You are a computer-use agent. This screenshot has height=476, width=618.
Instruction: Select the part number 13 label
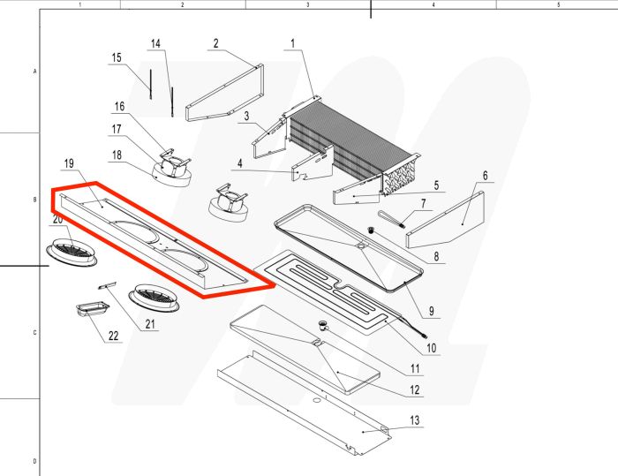pos(415,419)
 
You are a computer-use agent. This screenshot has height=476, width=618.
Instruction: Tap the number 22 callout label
pos(112,336)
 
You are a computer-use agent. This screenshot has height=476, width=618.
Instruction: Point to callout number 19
pos(68,164)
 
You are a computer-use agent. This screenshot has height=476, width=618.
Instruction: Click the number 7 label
pos(423,204)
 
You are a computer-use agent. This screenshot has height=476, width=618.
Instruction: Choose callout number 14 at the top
pos(156,44)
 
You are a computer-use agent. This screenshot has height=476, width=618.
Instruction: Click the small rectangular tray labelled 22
pos(92,308)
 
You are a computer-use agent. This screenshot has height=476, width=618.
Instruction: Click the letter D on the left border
pos(34,461)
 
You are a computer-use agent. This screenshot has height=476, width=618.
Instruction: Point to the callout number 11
pos(411,367)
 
